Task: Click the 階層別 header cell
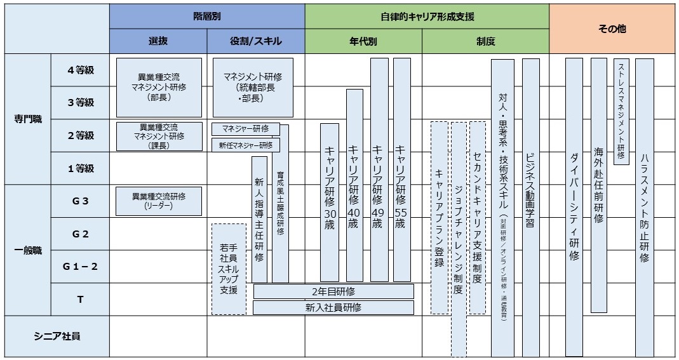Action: [x=207, y=17]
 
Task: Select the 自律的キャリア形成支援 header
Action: [x=427, y=17]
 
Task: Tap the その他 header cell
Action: [x=612, y=29]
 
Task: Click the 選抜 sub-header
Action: [x=158, y=42]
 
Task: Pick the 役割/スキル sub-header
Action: [x=256, y=42]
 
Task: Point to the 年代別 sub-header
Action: [x=363, y=42]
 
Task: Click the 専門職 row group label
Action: [x=28, y=119]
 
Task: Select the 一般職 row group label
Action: [x=28, y=250]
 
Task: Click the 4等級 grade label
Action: [x=80, y=70]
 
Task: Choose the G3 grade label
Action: [x=80, y=201]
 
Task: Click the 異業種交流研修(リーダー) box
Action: [x=159, y=201]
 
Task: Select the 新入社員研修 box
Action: [x=333, y=307]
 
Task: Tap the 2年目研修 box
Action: [x=333, y=291]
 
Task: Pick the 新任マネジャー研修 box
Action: [x=245, y=145]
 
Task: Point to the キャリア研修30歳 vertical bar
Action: [x=330, y=202]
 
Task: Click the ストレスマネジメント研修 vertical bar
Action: [x=621, y=110]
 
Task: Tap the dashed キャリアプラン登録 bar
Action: [x=440, y=217]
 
